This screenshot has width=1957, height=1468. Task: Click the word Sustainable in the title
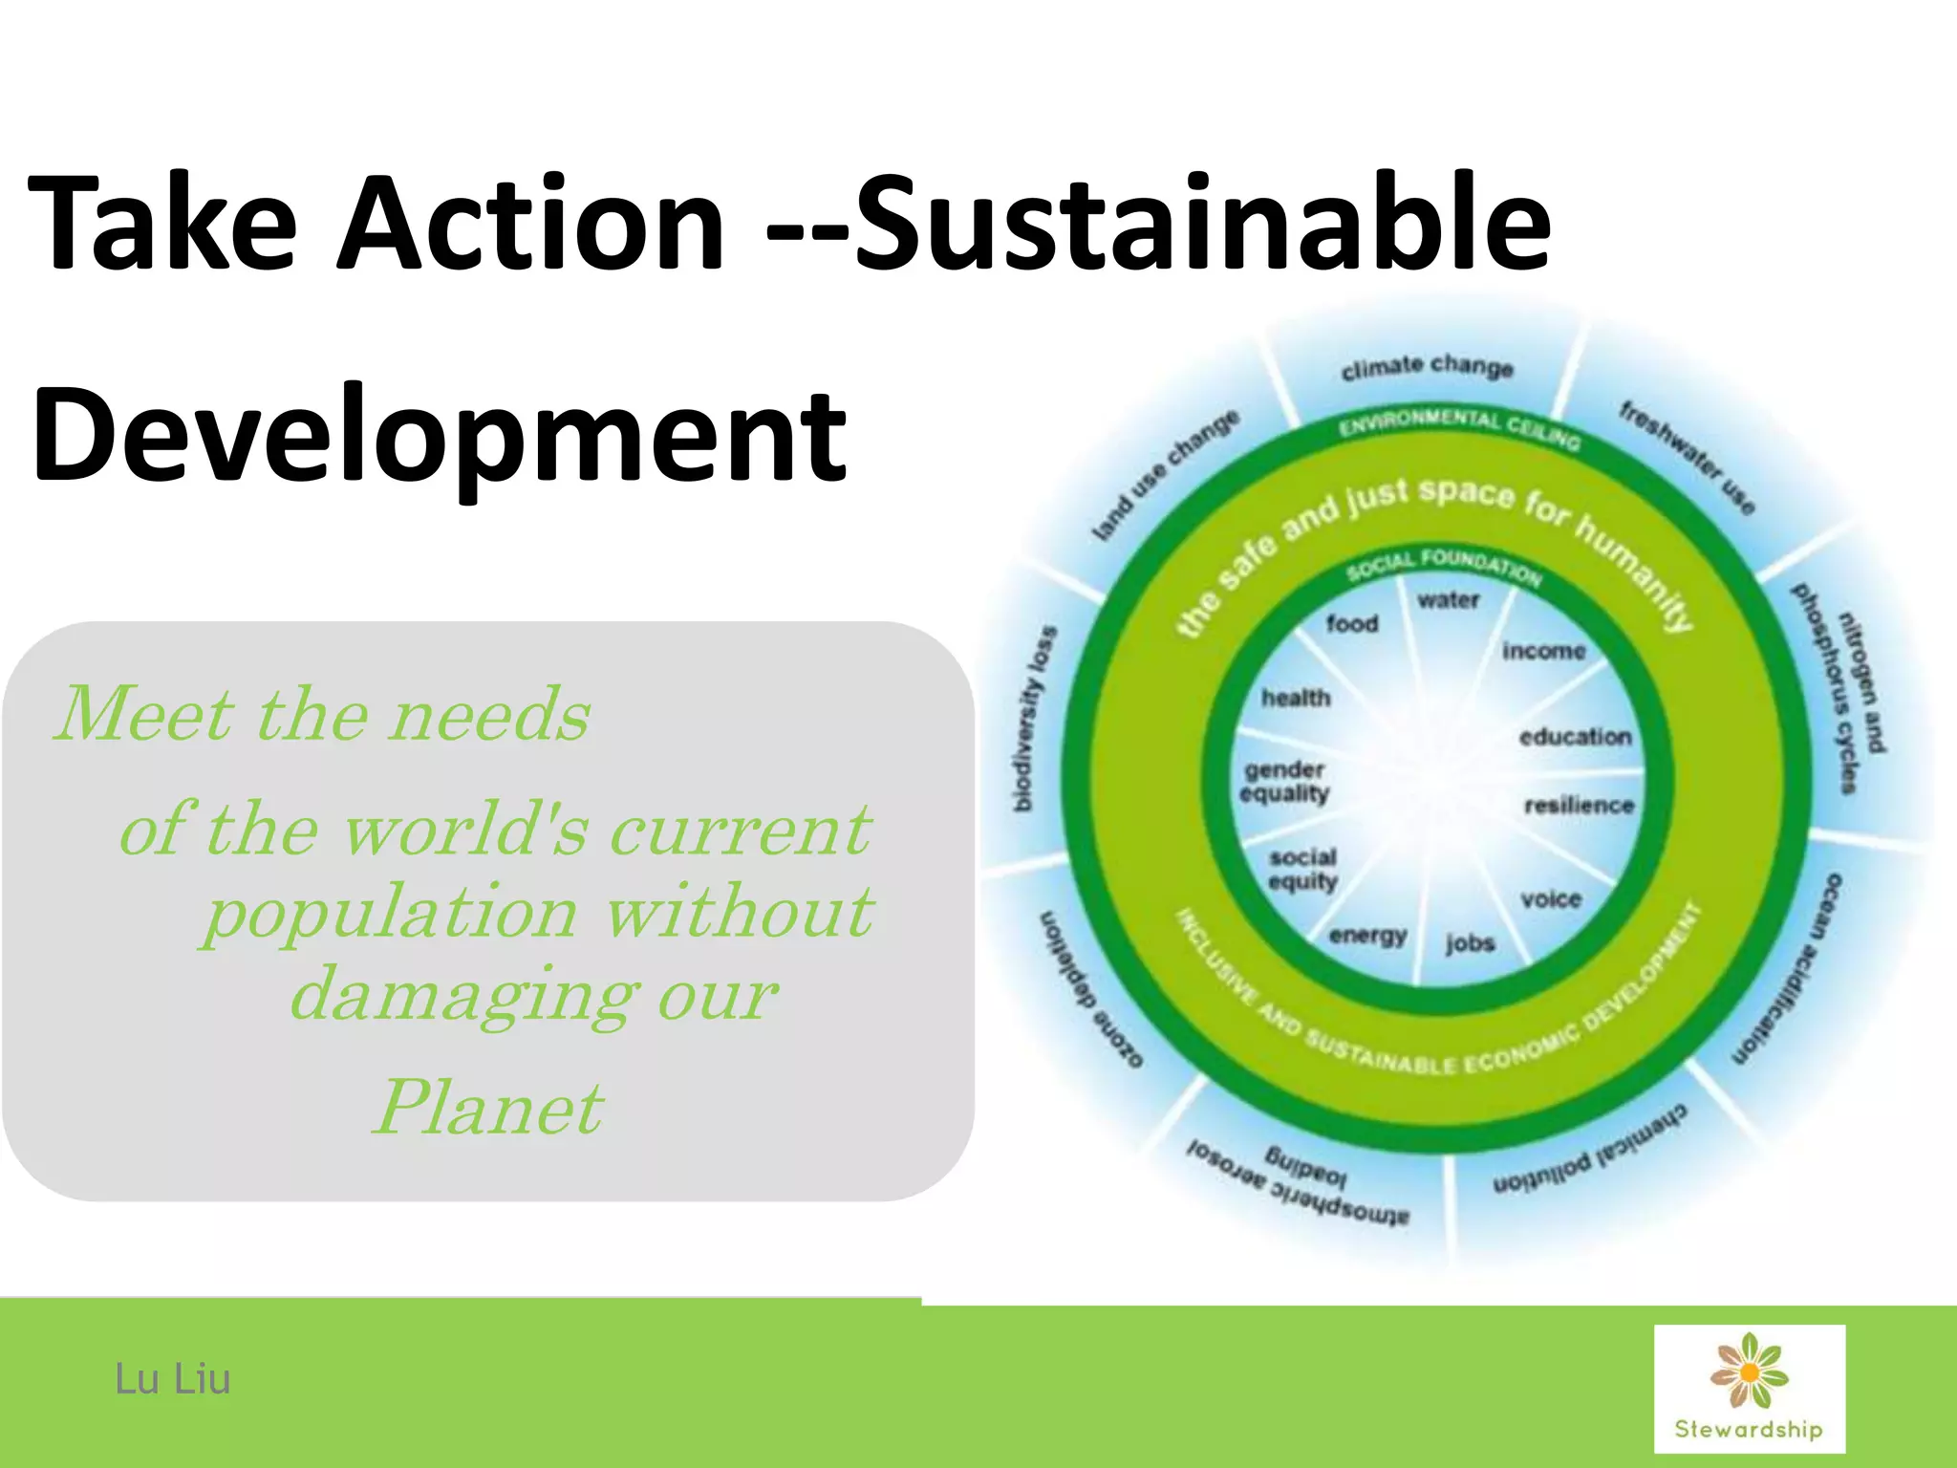click(x=1202, y=224)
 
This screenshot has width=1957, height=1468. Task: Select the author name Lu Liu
click(x=173, y=1379)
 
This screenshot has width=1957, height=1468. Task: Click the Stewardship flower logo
click(x=1749, y=1388)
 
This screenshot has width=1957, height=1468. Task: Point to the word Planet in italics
click(x=488, y=1109)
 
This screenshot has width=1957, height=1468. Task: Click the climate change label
click(x=1427, y=367)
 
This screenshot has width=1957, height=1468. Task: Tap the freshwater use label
click(x=1688, y=458)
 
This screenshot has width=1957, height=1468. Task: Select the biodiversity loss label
click(x=1035, y=719)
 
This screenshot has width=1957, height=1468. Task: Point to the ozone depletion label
click(x=1089, y=988)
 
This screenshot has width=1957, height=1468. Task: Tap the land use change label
click(x=1166, y=475)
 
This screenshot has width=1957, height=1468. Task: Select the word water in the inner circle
click(x=1449, y=600)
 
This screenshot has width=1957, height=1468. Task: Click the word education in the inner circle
click(x=1575, y=737)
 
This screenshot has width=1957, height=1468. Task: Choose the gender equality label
click(x=1285, y=782)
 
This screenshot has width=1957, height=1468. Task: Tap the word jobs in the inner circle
click(x=1470, y=943)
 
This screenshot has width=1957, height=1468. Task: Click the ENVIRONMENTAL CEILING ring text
click(x=1459, y=428)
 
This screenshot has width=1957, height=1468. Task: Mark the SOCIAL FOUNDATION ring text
click(x=1445, y=565)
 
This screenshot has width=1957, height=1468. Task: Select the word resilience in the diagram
click(x=1579, y=806)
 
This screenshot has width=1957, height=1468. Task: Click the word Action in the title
click(x=530, y=224)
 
